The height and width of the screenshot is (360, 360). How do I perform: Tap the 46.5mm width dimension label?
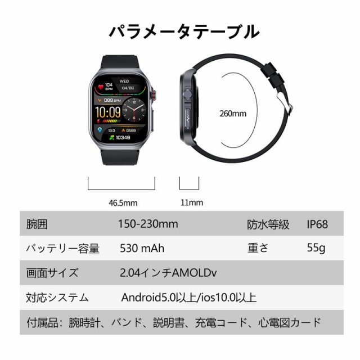click(x=121, y=202)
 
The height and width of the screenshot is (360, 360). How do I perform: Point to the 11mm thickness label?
click(x=192, y=202)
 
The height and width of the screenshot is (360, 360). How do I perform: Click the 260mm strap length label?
click(x=233, y=114)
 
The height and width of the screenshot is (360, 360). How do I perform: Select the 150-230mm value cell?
click(x=148, y=224)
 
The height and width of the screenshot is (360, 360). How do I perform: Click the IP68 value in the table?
click(x=317, y=224)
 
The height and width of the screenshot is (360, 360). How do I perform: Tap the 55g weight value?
click(x=316, y=248)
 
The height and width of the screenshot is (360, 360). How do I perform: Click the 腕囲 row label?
click(x=37, y=224)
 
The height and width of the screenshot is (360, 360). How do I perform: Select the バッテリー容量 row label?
click(x=63, y=248)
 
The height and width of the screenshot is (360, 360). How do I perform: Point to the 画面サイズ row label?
click(x=53, y=273)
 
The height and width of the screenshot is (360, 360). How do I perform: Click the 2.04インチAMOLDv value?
click(x=169, y=273)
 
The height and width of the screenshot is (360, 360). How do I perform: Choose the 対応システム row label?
click(x=58, y=298)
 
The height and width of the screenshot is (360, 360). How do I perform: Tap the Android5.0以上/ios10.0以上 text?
click(x=189, y=298)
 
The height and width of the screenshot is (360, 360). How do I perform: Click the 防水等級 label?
click(x=268, y=224)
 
